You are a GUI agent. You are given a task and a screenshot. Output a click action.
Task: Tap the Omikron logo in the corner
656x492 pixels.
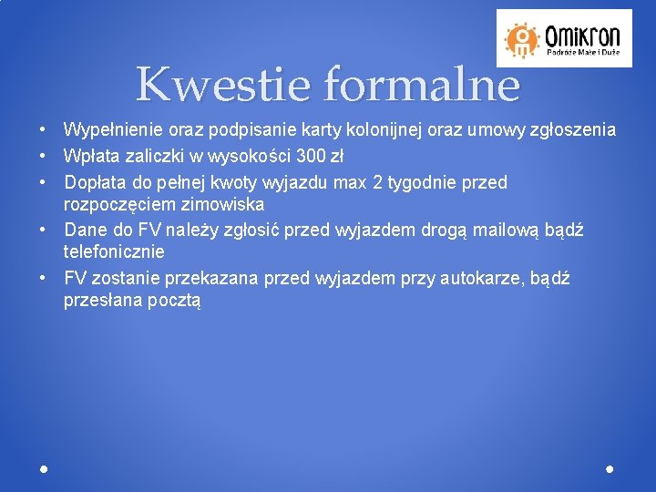coord(561,38)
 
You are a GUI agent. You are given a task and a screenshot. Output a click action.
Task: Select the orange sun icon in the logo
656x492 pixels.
coord(522,38)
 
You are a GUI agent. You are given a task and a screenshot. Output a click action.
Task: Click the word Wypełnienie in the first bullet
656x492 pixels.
coord(110,131)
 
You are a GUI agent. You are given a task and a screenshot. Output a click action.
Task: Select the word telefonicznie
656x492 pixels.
coord(114,251)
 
